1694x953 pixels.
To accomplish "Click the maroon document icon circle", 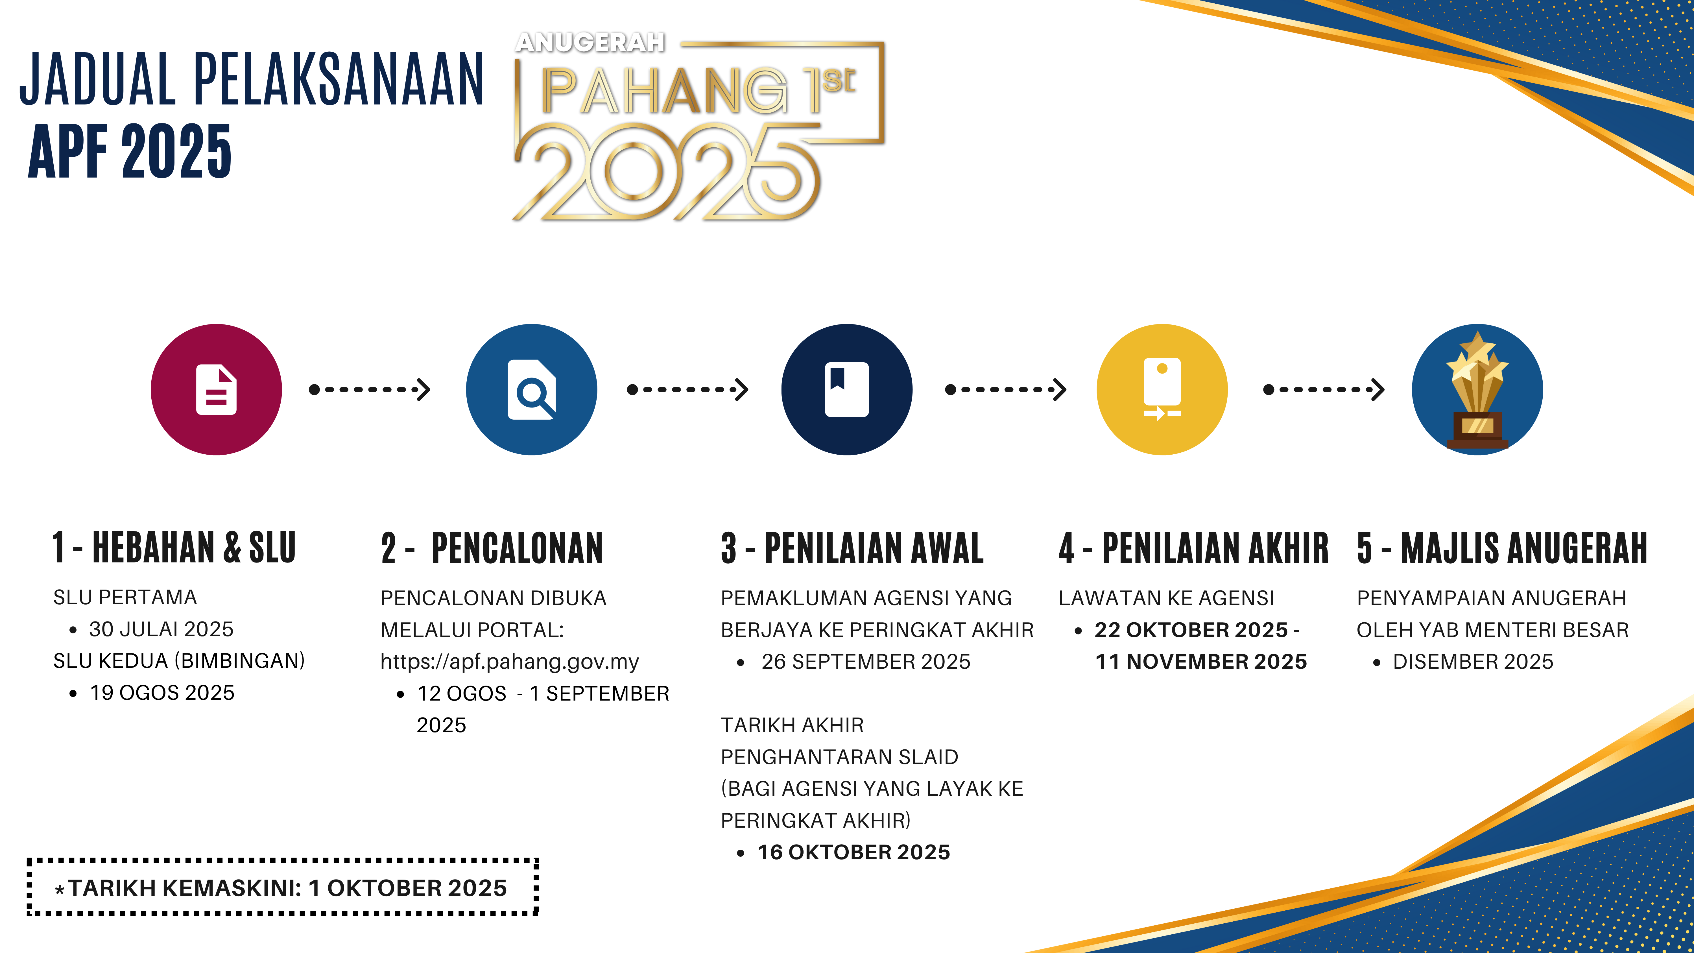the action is [x=216, y=389].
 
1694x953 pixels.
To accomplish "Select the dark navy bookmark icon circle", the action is [x=847, y=389].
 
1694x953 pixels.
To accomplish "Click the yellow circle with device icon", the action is [x=1162, y=389].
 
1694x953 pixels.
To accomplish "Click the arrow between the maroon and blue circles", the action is [x=370, y=389].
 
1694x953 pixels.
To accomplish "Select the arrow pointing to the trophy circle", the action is [x=1324, y=389].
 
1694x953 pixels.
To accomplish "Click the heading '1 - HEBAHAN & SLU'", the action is [x=174, y=548].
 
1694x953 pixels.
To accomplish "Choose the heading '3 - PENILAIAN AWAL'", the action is [x=852, y=548].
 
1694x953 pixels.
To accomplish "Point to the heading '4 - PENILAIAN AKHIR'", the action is [x=1193, y=548].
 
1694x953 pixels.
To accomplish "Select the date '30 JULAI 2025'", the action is [x=161, y=629].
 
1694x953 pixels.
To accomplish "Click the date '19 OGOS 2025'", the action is [x=162, y=693].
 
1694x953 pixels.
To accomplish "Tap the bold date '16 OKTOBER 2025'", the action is [x=853, y=852].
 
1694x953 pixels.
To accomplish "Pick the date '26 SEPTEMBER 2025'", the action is [x=865, y=662].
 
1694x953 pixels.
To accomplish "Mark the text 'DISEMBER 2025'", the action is [x=1473, y=662].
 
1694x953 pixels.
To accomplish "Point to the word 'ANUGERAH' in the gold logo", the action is [x=590, y=43].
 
